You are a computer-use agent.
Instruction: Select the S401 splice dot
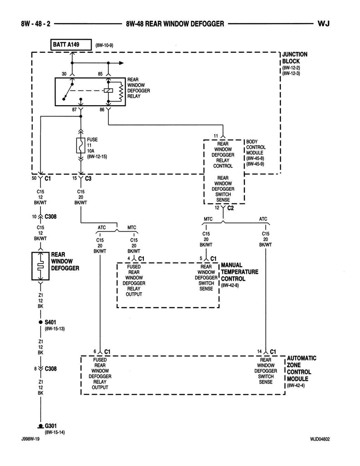(x=41, y=322)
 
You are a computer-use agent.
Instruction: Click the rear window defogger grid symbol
(x=41, y=265)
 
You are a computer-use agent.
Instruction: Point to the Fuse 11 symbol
(x=81, y=146)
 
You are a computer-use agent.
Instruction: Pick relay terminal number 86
(x=101, y=110)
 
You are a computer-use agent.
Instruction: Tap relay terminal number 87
(x=74, y=110)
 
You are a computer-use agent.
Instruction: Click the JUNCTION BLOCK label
(x=294, y=57)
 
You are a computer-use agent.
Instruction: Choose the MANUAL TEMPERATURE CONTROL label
(x=239, y=272)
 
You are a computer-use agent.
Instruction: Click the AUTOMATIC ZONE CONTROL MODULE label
(x=301, y=368)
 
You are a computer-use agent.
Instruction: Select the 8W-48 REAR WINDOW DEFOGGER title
(x=175, y=23)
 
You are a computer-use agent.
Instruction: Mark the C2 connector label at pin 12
(x=230, y=208)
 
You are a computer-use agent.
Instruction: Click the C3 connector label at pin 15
(x=88, y=178)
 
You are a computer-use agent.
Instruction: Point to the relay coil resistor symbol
(x=121, y=92)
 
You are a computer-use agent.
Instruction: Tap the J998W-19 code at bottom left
(x=30, y=439)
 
